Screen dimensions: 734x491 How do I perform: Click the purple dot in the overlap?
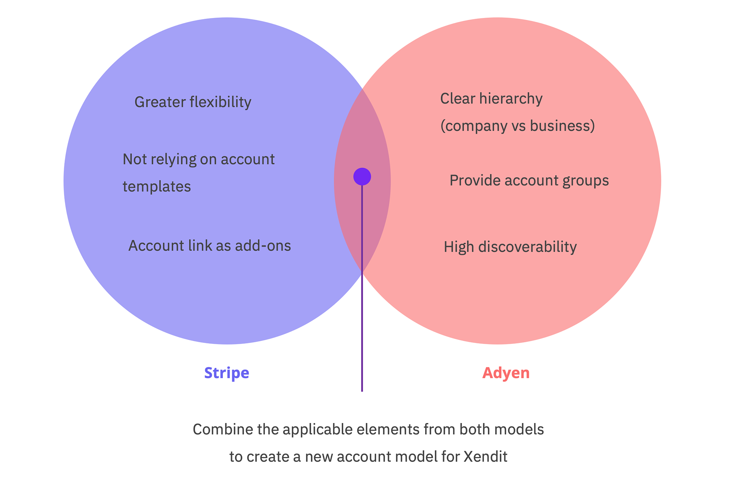(362, 177)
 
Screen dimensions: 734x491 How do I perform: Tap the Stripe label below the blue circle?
(227, 373)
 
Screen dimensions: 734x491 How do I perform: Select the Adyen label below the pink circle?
(506, 373)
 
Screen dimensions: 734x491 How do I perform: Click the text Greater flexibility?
(193, 102)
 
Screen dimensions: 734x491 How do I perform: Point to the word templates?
(157, 187)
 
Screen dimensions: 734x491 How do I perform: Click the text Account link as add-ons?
(209, 246)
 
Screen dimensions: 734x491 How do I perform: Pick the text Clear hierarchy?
(491, 99)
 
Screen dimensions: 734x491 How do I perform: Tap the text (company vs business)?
(518, 126)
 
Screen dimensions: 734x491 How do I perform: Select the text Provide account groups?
(529, 180)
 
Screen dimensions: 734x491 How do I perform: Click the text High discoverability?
(510, 247)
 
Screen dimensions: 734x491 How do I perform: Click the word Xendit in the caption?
(486, 457)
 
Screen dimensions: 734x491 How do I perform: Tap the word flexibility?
(221, 102)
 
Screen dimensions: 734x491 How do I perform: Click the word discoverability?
(528, 247)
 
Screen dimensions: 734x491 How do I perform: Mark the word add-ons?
(263, 246)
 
